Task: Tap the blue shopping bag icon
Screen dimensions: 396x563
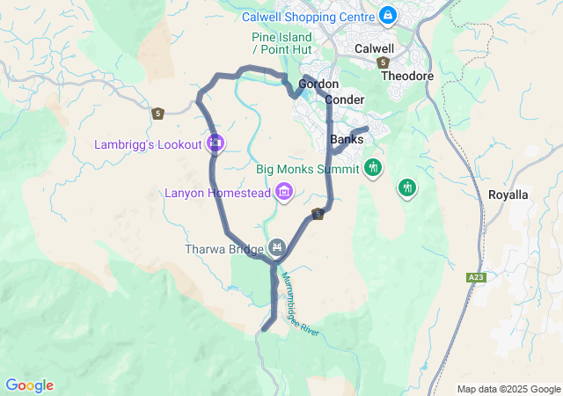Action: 388,15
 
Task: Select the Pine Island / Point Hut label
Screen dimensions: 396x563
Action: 281,43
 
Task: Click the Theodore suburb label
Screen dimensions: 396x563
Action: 407,76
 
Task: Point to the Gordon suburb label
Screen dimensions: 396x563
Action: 318,84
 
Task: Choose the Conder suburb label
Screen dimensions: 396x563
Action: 345,99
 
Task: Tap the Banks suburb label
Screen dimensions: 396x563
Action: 346,140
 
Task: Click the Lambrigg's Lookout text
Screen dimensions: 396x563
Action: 149,143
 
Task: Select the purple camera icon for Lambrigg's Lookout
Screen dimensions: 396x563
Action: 216,143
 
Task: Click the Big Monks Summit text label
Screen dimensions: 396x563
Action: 308,169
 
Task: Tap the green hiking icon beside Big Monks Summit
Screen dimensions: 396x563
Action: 373,167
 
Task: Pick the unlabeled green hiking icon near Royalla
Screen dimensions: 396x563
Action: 406,187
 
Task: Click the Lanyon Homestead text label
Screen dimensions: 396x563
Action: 217,193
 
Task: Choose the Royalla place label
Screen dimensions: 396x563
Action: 508,194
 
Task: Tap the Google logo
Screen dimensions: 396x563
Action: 29,385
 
